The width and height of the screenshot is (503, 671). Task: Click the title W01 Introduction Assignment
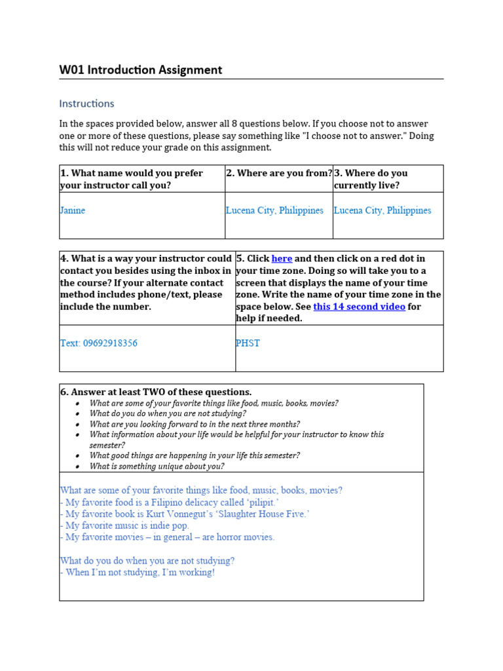[x=141, y=70]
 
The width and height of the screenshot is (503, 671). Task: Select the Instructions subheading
[x=86, y=104]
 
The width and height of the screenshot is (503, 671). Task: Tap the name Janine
[x=73, y=210]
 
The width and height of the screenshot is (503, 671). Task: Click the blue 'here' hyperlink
[x=282, y=259]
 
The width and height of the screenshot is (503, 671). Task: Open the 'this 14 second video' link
[x=359, y=307]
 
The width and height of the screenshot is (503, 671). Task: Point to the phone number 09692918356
[x=110, y=343]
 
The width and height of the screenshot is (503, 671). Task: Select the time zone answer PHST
[x=248, y=343]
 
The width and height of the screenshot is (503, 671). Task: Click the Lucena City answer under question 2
[x=274, y=210]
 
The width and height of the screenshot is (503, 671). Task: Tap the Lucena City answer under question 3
[x=382, y=210]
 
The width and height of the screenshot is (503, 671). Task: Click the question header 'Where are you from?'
[x=279, y=173]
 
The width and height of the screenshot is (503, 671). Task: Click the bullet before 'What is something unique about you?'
[x=77, y=467]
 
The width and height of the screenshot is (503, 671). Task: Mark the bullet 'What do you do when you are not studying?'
[x=168, y=414]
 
